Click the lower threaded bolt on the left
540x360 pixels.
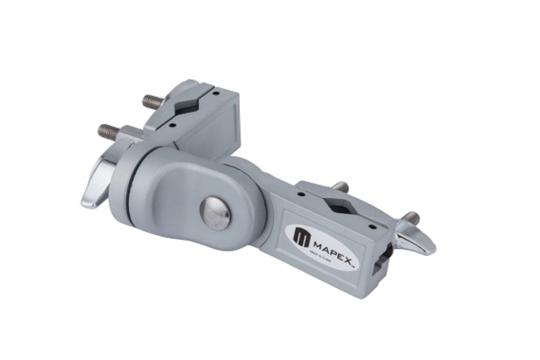point(109,131)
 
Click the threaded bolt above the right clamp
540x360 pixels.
point(340,187)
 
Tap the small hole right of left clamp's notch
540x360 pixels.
point(215,93)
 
